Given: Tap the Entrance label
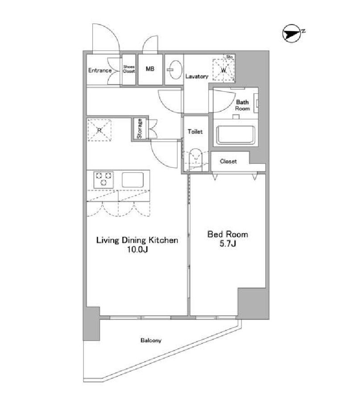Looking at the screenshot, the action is [100, 71].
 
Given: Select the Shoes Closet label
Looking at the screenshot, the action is [129, 69].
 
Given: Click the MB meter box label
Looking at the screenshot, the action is [150, 69].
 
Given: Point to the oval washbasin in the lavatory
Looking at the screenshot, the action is [174, 69].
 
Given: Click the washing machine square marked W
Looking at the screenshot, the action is [223, 70].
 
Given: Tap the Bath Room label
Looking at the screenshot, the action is [242, 105].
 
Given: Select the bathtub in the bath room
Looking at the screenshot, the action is [236, 135].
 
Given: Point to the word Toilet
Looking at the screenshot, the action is [195, 131].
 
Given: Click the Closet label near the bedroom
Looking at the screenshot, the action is [228, 161].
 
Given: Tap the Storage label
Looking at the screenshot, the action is [139, 129].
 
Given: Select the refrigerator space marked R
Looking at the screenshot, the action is [99, 130].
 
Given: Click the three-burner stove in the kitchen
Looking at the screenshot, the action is [103, 179].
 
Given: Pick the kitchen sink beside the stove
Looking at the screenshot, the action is [132, 180].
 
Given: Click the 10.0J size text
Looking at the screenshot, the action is [137, 250].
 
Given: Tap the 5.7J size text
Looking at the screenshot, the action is [228, 243].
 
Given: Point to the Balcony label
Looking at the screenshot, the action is [151, 341].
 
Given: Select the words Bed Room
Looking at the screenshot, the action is [228, 234].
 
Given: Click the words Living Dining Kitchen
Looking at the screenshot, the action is [137, 240].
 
